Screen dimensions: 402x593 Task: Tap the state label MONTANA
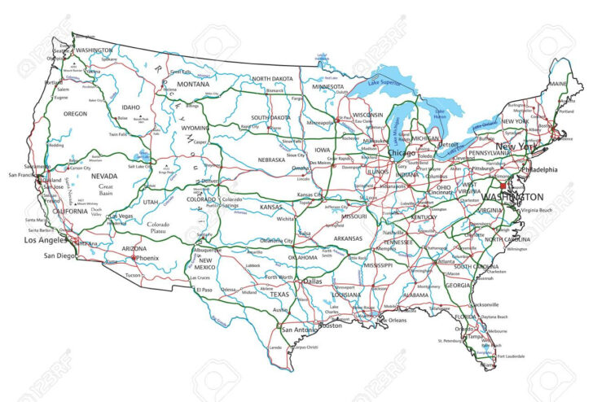(193, 84)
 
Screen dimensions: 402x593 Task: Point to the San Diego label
(59, 256)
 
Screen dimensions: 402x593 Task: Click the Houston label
(330, 326)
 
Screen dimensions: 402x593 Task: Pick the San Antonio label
(297, 330)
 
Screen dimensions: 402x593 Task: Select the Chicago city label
(401, 152)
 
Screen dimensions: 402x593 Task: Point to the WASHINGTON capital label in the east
(514, 197)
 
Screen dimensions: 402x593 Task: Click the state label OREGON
(75, 114)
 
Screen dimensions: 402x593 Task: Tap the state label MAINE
(557, 84)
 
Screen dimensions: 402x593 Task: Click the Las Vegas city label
(123, 216)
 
